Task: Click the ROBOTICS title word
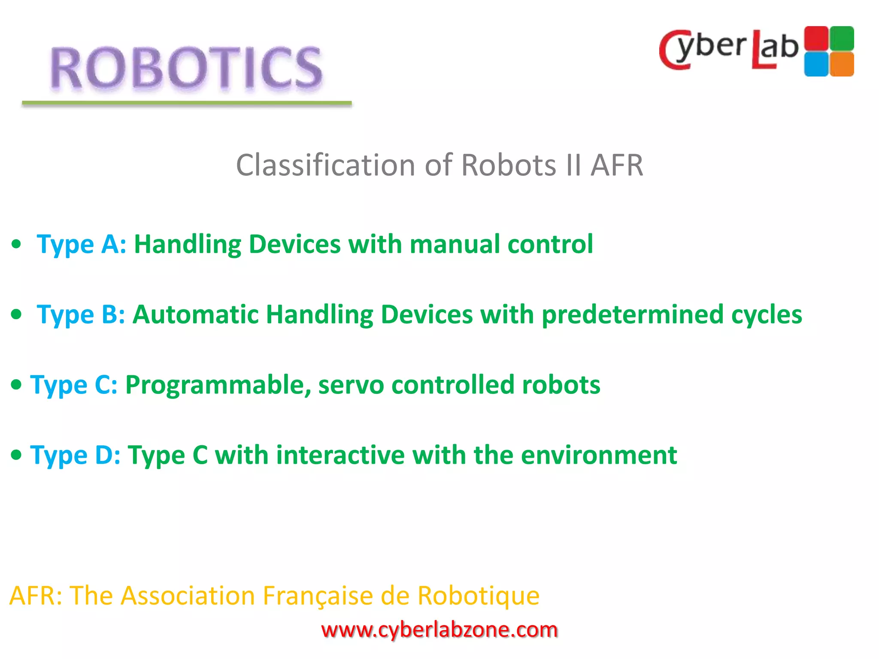point(186,69)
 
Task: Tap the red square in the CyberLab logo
point(816,39)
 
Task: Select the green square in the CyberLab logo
point(842,38)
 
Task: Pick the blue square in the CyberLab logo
point(816,64)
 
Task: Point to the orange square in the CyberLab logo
point(842,64)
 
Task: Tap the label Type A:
point(82,245)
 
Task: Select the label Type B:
point(81,315)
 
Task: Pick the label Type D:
point(75,455)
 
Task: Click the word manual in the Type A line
point(455,245)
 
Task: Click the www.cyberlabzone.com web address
point(439,630)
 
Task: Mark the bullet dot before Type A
point(16,245)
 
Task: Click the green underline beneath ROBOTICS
point(187,103)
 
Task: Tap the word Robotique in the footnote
point(478,596)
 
